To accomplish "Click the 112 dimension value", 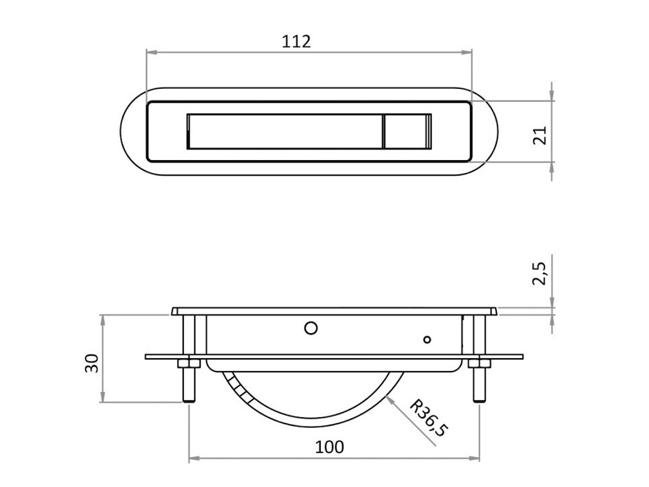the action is [296, 42].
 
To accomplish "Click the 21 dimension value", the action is [539, 135].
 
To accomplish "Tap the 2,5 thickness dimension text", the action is [539, 273].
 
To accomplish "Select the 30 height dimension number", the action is [91, 363].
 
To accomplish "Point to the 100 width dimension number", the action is [329, 447].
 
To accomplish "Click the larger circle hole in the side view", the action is [311, 328].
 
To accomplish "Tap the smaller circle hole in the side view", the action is [427, 339].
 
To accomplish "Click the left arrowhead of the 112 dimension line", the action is [151, 52].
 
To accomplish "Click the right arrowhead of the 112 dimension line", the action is [467, 52].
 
